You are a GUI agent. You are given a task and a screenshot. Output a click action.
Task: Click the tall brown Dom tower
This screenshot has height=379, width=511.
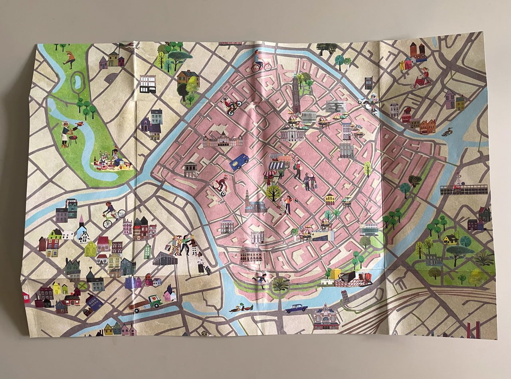point(295,94)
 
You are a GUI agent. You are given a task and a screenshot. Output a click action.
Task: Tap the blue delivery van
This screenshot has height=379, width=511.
point(239,162)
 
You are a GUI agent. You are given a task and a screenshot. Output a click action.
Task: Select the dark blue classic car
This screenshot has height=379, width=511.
point(296,308)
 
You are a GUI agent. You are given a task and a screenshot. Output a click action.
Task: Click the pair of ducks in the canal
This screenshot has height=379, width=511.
point(242,308)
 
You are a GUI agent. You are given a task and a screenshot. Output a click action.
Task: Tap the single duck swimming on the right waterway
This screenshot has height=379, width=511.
point(447,132)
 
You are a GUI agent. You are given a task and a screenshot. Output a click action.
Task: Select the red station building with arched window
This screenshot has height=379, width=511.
point(325,316)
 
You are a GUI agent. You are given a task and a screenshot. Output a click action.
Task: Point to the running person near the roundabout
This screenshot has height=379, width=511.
point(260,279)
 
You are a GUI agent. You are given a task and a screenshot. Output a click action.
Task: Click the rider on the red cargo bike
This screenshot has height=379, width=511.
point(422,78)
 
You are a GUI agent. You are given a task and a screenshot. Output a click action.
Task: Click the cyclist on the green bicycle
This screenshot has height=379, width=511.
point(112,215)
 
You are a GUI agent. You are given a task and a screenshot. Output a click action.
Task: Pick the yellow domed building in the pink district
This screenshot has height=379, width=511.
point(330,199)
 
